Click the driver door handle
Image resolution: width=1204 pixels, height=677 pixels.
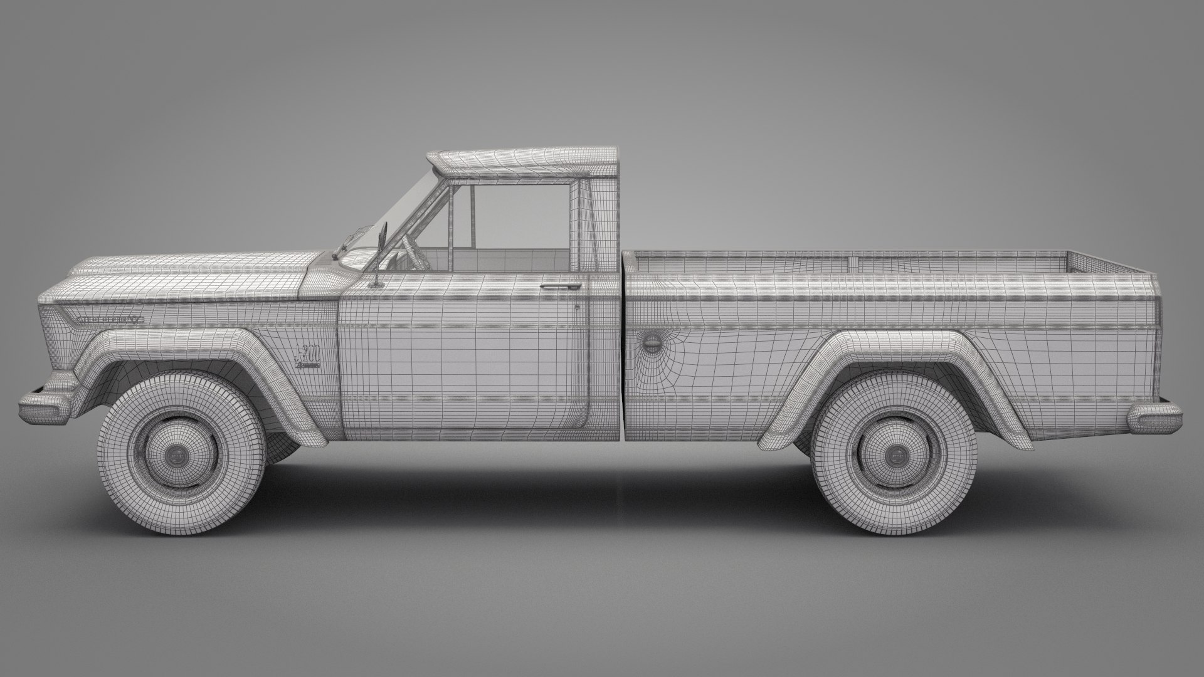click(560, 287)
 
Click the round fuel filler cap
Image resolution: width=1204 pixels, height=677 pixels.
click(652, 343)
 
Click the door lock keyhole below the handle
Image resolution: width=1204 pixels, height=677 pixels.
click(578, 307)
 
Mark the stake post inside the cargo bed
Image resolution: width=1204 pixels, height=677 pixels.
click(851, 263)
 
